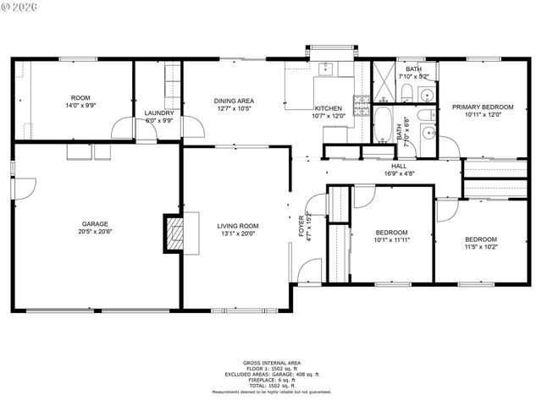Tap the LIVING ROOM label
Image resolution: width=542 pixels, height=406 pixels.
[237, 226]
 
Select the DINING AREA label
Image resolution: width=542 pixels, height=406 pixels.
[235, 101]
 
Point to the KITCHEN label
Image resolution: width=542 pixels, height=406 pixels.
[328, 109]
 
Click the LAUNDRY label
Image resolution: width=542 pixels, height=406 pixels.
[159, 112]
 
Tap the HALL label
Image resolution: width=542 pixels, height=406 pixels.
[398, 167]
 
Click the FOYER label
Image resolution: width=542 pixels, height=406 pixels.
[301, 226]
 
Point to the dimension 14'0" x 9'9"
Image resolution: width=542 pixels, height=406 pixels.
[80, 105]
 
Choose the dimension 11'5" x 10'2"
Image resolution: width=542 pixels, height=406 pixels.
[480, 247]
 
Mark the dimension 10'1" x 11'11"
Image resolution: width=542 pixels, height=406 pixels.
[392, 240]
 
